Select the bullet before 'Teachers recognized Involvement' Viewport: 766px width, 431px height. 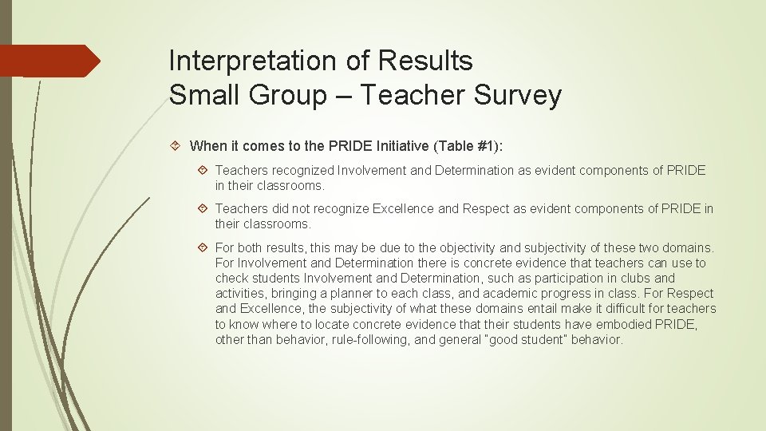[203, 170]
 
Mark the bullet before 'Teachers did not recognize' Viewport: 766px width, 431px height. [203, 208]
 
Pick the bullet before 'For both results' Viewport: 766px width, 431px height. [203, 247]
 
